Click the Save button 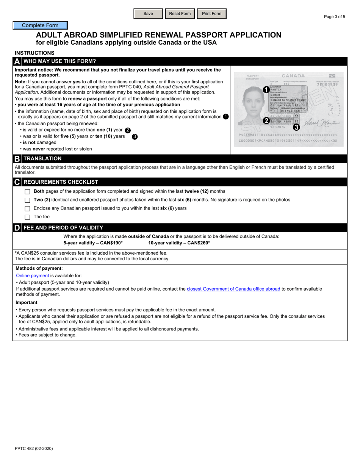click(148, 14)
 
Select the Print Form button click(211, 14)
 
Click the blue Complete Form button click(40, 25)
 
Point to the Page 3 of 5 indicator click(335, 17)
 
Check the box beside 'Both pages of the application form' click(27, 192)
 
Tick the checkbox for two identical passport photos click(27, 200)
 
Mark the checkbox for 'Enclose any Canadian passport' click(27, 208)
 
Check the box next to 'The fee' click(27, 217)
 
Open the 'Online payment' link click(33, 276)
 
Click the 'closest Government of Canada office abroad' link click(233, 289)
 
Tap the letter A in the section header click(17, 61)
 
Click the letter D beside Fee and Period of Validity click(17, 228)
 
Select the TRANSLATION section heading click(42, 159)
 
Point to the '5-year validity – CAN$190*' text click(93, 243)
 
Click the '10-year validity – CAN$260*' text click(179, 243)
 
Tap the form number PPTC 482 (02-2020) click(34, 449)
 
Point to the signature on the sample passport click(322, 122)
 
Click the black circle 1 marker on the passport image click(266, 90)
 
